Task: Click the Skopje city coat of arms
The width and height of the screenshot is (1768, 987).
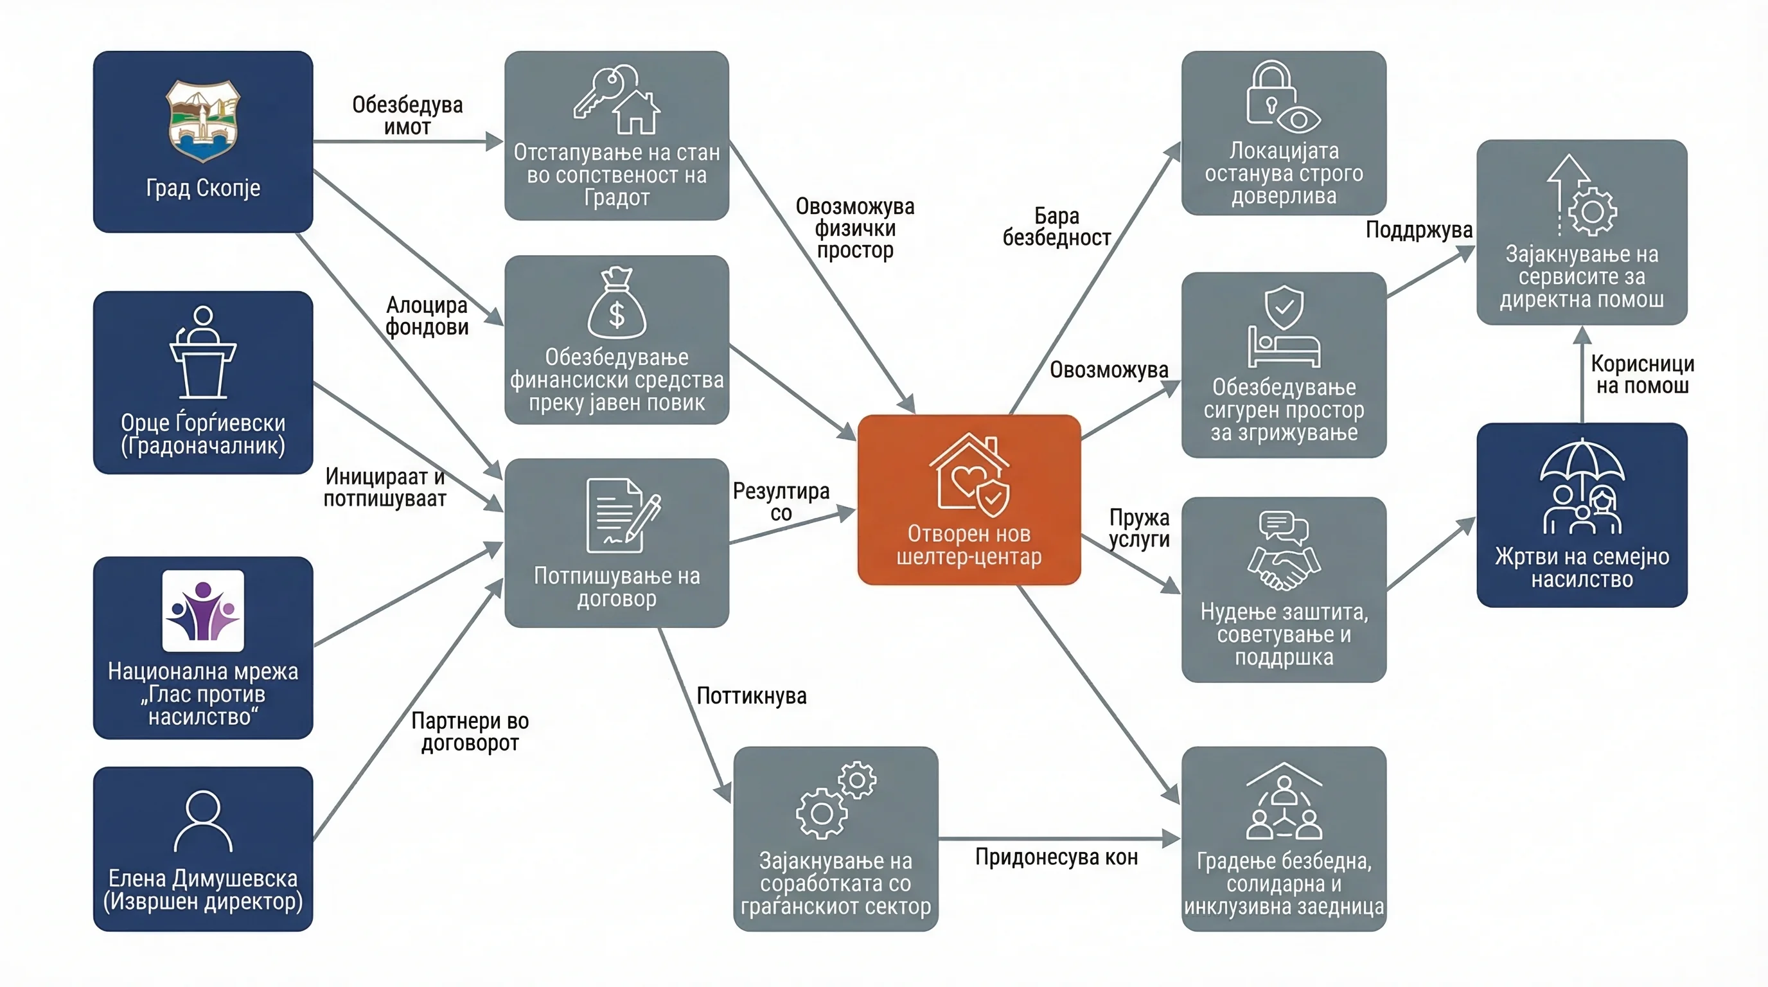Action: coord(203,121)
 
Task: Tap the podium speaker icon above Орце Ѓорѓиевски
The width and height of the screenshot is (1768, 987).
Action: coord(203,352)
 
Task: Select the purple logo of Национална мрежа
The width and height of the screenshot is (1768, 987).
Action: coord(203,610)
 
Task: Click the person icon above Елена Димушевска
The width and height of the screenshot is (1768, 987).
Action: coord(203,821)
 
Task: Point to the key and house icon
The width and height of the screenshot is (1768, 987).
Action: coord(616,100)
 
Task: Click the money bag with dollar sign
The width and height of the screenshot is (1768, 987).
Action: coord(616,303)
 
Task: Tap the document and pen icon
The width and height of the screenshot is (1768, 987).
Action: coord(623,515)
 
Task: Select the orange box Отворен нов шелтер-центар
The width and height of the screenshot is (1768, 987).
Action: coord(969,500)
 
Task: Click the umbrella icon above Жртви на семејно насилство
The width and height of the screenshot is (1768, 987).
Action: coord(1582,486)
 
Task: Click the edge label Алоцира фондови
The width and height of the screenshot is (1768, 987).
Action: coord(427,316)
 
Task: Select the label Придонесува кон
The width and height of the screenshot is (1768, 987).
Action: coord(1056,857)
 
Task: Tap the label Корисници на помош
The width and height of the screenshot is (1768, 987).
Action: coord(1642,374)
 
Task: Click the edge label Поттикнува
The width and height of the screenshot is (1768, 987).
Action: coord(752,696)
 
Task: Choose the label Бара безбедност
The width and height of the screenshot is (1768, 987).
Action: coord(1057,226)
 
